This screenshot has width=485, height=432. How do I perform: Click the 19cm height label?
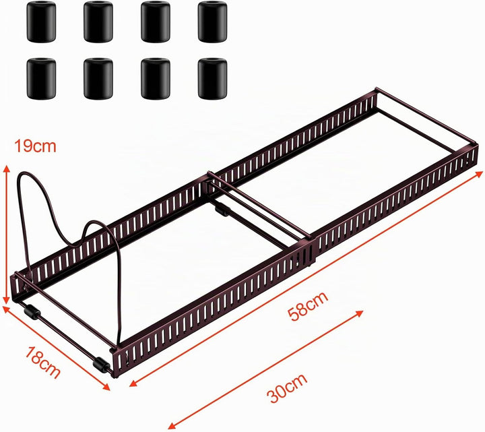(35, 146)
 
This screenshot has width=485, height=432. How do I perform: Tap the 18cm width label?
(42, 363)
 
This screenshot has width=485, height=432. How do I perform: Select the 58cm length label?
(307, 305)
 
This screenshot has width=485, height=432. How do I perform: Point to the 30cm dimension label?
(288, 388)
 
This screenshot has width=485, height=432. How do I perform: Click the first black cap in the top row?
(41, 22)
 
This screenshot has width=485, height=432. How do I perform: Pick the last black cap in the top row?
(212, 22)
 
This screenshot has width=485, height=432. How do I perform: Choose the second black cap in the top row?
(98, 22)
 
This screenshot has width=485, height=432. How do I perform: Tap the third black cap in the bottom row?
(156, 79)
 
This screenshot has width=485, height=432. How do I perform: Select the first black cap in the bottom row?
(41, 79)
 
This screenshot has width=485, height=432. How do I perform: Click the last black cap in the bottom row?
(212, 79)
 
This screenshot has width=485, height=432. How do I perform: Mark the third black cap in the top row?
(156, 22)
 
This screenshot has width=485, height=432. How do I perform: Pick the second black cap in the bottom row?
(98, 79)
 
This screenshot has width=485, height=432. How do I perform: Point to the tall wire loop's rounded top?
(27, 173)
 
